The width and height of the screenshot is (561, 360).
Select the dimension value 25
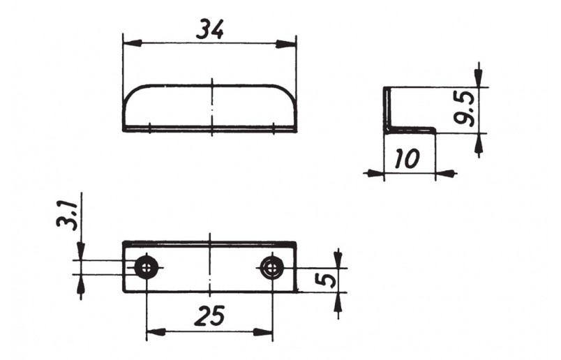click(x=209, y=315)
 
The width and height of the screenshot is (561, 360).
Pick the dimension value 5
click(x=327, y=280)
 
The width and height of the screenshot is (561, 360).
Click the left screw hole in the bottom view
click(x=147, y=267)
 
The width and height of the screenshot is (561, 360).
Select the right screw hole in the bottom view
click(x=272, y=267)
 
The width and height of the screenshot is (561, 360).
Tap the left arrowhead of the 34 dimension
click(x=132, y=43)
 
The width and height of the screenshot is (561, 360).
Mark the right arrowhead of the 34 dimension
click(x=287, y=44)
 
